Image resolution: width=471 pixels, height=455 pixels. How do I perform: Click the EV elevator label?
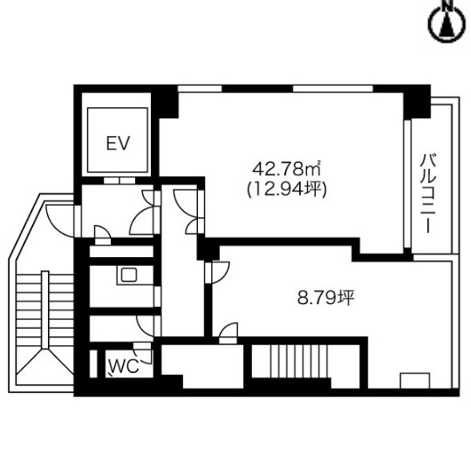tap(118, 143)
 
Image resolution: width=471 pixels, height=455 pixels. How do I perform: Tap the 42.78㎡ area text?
tap(287, 170)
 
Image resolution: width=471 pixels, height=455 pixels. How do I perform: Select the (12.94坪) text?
tap(287, 190)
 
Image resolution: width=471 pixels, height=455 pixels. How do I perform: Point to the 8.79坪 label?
tap(326, 298)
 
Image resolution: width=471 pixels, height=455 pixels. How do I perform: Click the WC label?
tap(124, 366)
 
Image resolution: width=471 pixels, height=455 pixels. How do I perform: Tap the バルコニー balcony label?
tap(428, 194)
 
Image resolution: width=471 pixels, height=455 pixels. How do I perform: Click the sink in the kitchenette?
tap(129, 275)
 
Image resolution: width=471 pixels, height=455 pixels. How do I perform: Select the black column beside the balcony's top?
tap(417, 102)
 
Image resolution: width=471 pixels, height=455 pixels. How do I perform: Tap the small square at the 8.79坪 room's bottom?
tap(415, 381)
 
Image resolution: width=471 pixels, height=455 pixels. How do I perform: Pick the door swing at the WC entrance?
tap(144, 353)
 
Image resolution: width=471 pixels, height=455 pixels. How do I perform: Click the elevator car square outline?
tap(118, 139)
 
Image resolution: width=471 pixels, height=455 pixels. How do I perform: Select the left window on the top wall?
tap(200, 89)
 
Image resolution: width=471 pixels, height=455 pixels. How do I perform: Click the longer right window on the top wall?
tap(333, 89)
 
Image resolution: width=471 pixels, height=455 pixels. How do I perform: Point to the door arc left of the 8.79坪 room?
tap(221, 273)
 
